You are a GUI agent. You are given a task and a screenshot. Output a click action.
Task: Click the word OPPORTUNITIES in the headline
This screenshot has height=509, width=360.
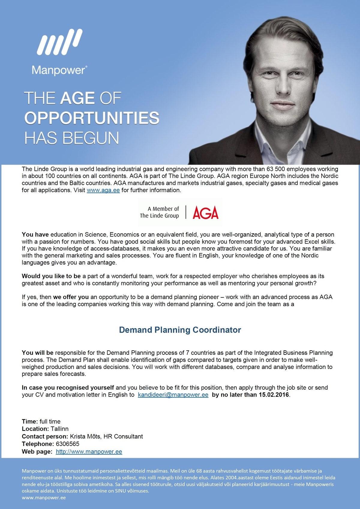91,118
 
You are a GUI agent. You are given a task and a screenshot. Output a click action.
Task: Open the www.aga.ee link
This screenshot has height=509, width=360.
103,190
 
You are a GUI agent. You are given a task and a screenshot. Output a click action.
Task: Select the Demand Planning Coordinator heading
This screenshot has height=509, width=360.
180,330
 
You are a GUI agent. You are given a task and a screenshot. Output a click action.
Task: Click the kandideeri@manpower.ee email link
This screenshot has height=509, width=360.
173,395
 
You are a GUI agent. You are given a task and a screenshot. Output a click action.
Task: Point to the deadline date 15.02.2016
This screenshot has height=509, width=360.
274,395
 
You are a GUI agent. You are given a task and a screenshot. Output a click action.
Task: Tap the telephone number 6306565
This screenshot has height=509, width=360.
67,444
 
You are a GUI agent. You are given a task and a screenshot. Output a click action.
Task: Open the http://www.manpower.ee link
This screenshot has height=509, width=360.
89,452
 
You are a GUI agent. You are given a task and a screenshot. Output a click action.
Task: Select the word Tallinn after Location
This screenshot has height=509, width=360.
59,429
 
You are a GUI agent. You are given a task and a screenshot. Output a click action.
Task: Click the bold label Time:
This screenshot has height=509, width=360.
30,421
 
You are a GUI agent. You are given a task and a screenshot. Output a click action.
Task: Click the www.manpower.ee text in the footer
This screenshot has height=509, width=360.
44,498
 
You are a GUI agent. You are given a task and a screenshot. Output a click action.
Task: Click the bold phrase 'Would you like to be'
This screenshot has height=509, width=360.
51,276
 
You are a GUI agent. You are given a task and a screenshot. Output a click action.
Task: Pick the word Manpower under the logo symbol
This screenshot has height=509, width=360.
59,70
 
